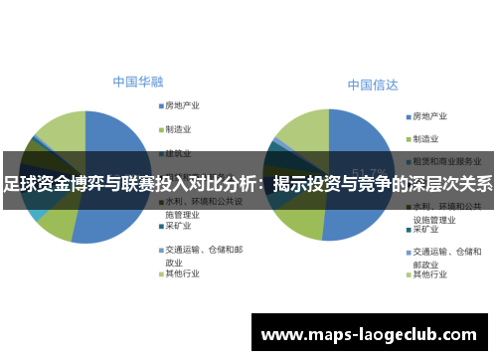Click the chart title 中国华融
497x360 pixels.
137,82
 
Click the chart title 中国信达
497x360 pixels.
372,87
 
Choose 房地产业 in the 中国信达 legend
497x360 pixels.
433,115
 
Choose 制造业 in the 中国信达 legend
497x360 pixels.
430,138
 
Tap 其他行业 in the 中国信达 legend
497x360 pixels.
433,275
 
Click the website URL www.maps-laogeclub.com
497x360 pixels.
369,334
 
